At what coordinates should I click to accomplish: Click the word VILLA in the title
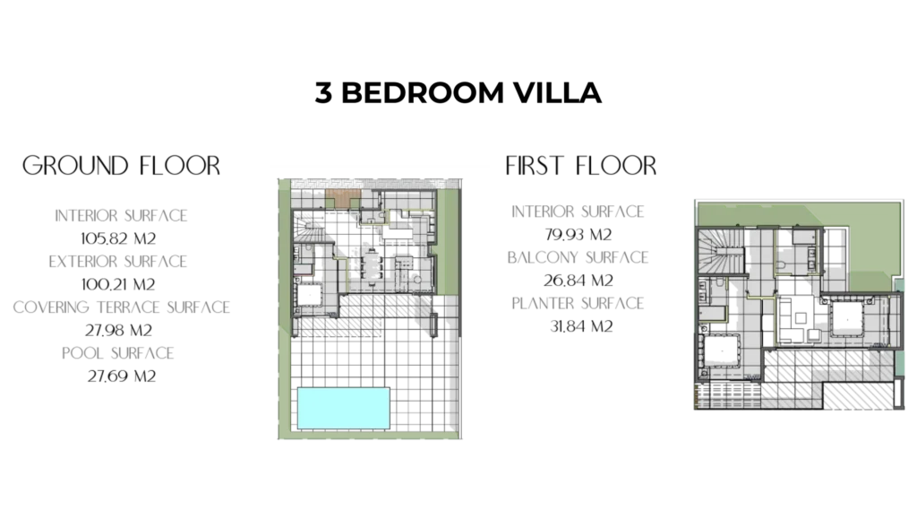[557, 92]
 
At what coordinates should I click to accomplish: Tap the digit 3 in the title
[323, 92]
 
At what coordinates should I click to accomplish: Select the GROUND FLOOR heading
[121, 166]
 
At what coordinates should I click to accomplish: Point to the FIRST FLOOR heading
[580, 166]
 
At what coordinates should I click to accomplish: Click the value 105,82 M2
[118, 238]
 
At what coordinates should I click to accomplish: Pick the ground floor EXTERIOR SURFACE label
[117, 261]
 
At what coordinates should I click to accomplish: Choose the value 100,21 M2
[118, 284]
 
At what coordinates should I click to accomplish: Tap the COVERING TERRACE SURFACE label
[121, 307]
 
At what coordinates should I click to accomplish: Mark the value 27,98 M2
[118, 331]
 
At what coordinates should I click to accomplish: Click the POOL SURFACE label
[118, 353]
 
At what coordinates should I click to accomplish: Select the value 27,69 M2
[122, 376]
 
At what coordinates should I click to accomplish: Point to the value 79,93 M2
[578, 235]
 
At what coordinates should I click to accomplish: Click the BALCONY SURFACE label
[578, 257]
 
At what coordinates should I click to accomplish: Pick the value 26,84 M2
[578, 281]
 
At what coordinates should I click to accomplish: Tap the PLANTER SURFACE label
[578, 303]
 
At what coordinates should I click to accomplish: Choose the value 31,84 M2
[581, 326]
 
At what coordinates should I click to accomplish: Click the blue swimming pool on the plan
[343, 409]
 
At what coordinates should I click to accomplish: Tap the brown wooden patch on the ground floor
[343, 198]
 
